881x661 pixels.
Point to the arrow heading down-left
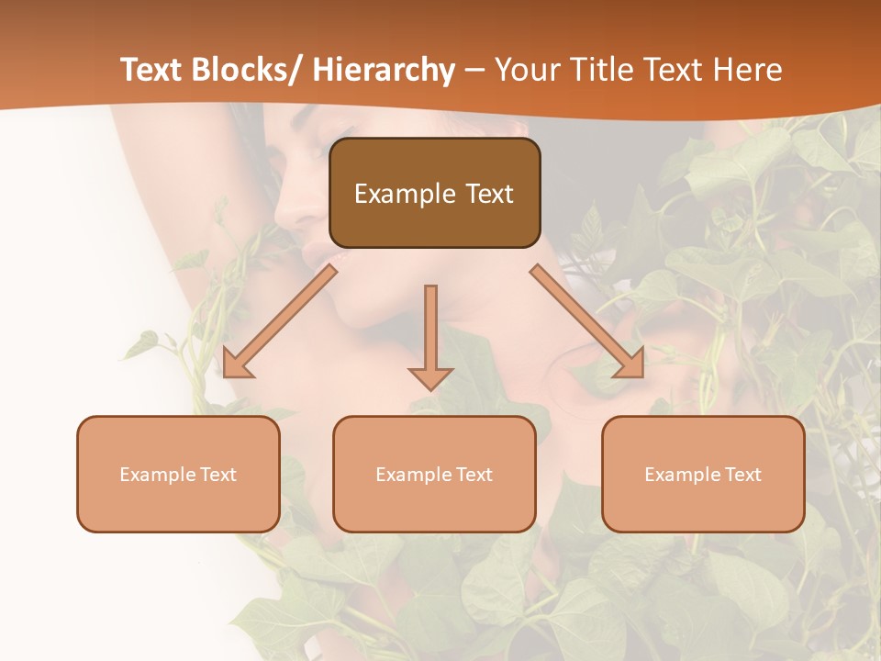pyautogui.click(x=279, y=321)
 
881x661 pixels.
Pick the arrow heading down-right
pyautogui.click(x=587, y=321)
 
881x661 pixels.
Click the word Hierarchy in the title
pyautogui.click(x=384, y=70)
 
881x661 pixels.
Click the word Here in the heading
pyautogui.click(x=750, y=70)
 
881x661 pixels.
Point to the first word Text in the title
pyautogui.click(x=152, y=70)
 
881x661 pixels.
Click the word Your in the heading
pyautogui.click(x=527, y=70)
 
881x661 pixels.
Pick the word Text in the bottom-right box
pyautogui.click(x=742, y=475)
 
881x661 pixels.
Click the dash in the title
pyautogui.click(x=475, y=70)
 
